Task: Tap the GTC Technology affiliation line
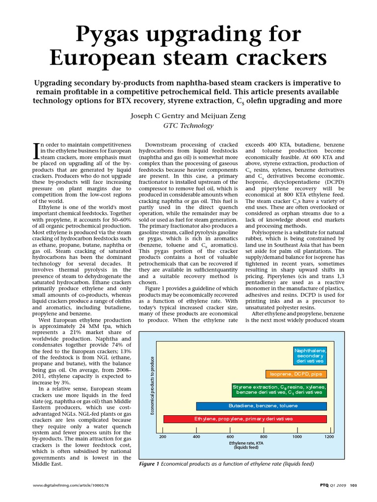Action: pos(188,125)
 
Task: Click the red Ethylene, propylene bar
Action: pos(244,419)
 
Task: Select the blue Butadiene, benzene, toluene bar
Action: pos(261,406)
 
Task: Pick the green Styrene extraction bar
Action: pos(279,390)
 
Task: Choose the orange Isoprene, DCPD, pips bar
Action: pos(296,374)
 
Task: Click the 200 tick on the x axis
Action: pos(163,436)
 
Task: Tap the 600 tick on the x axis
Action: pos(230,436)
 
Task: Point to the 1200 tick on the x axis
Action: pos(329,436)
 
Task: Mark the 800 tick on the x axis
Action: pos(264,436)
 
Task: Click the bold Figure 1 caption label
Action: pos(150,464)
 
